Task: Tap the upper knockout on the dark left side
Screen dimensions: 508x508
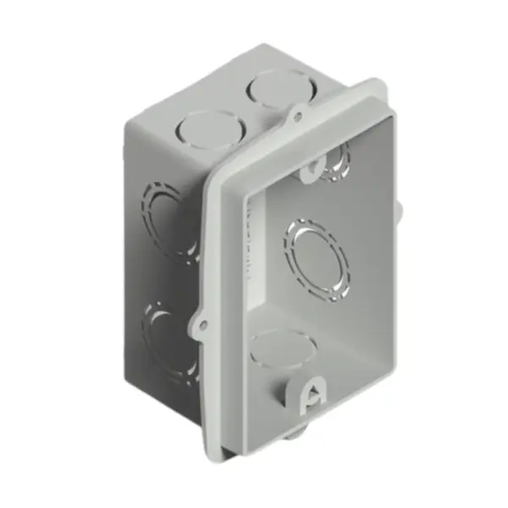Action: coord(168,212)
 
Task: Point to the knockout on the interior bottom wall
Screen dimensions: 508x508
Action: coord(283,348)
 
